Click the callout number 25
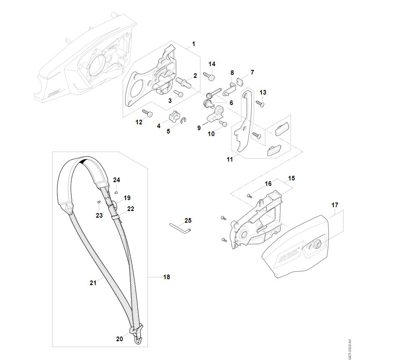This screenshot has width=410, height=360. coord(188,220)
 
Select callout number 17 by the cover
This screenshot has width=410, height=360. coord(335,205)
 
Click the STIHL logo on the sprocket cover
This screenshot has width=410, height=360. coord(288,256)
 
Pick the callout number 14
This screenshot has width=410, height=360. coord(212,64)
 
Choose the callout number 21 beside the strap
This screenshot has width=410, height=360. coord(93,283)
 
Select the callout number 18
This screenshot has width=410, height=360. coord(167,277)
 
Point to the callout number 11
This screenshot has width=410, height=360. coord(229,159)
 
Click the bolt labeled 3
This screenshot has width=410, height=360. coord(179,94)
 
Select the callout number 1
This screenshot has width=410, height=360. coord(193,44)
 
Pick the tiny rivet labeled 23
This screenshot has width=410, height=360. coord(98,201)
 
